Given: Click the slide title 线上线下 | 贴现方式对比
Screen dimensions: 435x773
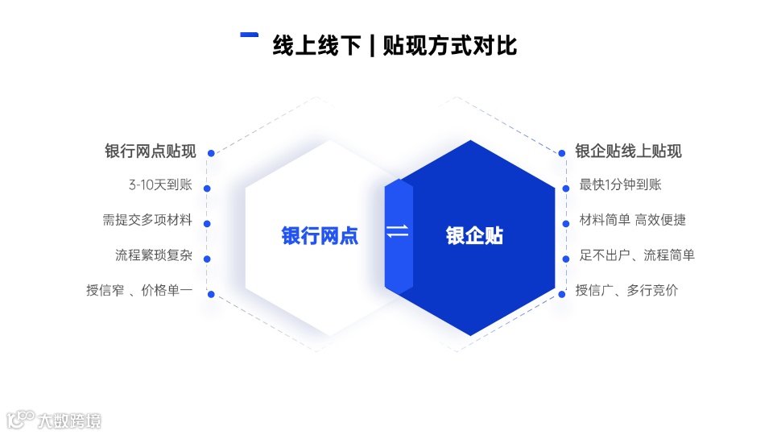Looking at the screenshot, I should (395, 45).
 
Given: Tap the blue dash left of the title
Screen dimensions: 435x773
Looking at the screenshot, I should (250, 35).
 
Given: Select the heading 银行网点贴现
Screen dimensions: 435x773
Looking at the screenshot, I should (151, 151).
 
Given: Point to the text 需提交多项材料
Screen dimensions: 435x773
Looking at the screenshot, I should (147, 220).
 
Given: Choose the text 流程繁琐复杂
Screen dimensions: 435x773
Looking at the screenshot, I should (154, 255).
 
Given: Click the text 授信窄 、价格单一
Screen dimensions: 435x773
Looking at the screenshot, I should (139, 291).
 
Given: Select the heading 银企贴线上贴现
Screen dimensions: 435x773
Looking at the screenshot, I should (628, 151).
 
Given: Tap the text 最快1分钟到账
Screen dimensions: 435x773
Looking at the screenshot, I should (620, 184).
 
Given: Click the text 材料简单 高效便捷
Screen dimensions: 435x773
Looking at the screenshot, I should (632, 220).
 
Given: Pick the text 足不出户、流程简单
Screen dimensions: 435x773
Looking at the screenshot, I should (637, 255).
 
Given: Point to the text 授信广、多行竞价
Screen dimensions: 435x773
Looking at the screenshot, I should (626, 291).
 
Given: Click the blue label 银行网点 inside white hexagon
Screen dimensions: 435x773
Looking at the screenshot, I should (320, 236).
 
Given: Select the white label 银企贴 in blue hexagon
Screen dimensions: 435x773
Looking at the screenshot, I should (474, 236).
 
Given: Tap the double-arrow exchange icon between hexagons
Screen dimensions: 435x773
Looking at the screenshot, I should (398, 232).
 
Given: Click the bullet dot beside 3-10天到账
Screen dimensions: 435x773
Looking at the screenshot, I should (207, 188).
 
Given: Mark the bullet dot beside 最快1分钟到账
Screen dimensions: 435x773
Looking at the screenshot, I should (565, 188).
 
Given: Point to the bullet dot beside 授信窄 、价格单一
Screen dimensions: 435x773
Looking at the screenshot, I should (211, 294).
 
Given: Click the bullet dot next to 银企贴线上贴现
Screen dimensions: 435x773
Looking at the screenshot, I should (562, 153).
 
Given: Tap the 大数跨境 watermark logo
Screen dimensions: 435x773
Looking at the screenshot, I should (55, 420).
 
